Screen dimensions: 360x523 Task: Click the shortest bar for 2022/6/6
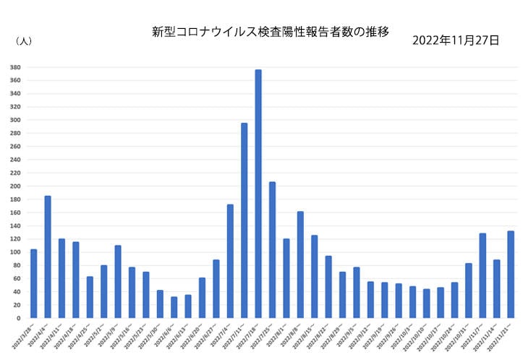pos(174,307)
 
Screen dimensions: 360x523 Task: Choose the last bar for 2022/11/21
pos(511,275)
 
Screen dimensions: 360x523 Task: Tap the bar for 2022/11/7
pos(482,275)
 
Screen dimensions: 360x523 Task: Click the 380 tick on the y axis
pos(15,67)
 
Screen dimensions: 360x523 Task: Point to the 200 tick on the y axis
pos(15,186)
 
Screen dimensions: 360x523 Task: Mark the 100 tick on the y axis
pos(15,252)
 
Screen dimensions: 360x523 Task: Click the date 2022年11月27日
pos(455,40)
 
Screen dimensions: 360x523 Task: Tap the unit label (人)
pos(23,41)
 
